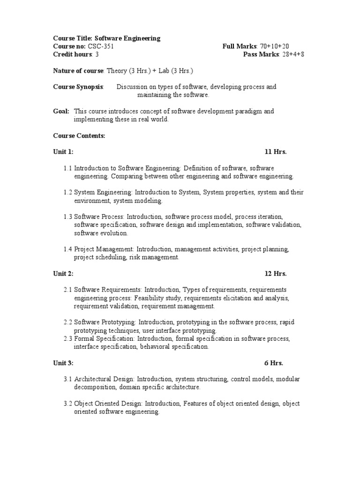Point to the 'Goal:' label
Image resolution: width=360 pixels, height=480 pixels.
tap(61, 111)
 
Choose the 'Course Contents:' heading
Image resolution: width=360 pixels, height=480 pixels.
tap(79, 135)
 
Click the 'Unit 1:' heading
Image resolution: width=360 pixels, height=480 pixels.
tap(63, 152)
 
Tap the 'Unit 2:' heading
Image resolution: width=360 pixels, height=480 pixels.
tap(63, 273)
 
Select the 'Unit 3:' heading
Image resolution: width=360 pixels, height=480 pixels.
tap(63, 362)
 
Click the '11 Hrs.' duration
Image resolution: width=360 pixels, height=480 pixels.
tap(276, 152)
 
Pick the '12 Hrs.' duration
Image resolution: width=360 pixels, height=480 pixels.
tap(276, 273)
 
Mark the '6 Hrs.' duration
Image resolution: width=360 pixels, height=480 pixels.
tap(274, 362)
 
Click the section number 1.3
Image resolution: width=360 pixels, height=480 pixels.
tap(67, 217)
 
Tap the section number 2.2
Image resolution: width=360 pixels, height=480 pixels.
tap(67, 322)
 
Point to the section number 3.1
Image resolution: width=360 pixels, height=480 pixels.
tap(67, 379)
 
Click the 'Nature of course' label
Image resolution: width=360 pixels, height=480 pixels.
tap(78, 71)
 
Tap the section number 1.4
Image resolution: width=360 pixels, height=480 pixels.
tap(67, 249)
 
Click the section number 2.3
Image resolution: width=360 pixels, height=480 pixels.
tap(67, 338)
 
